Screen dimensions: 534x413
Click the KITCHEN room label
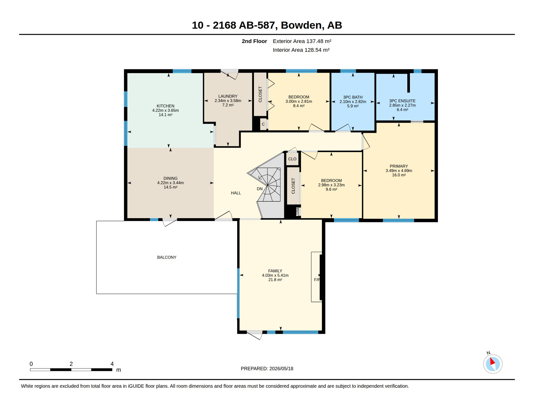click(x=165, y=106)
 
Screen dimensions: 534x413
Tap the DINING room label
click(x=170, y=178)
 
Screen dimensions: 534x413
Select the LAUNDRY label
click(x=228, y=96)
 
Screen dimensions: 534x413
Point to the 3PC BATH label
click(x=353, y=97)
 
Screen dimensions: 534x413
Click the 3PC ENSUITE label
click(x=402, y=101)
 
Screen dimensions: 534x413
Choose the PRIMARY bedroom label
click(x=399, y=166)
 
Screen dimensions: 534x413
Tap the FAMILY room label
click(x=275, y=271)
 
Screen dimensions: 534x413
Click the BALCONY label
click(x=167, y=257)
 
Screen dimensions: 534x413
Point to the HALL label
click(x=236, y=193)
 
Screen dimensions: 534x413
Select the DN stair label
click(x=259, y=189)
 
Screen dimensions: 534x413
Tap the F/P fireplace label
click(x=317, y=280)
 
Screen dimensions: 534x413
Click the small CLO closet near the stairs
click(x=292, y=159)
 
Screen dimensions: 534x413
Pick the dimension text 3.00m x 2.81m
click(x=299, y=101)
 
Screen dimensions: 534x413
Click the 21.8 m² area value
click(x=275, y=280)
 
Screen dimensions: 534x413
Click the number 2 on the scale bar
click(x=71, y=364)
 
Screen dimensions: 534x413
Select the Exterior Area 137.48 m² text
click(x=302, y=41)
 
